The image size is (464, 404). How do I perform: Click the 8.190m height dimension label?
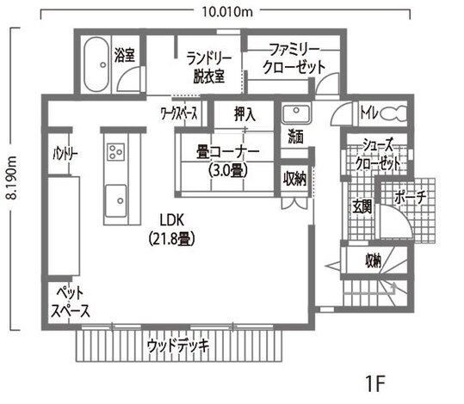click(x=11, y=178)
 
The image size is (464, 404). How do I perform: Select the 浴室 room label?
click(x=125, y=56)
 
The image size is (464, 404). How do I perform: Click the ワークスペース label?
click(x=180, y=113)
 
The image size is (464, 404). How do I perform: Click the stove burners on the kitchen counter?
click(x=114, y=152)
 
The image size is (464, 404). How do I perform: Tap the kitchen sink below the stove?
click(x=114, y=201)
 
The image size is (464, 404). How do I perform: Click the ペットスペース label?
click(x=70, y=302)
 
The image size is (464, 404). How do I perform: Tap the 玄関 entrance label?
click(x=361, y=206)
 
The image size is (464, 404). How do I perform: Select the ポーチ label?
click(x=411, y=198)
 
